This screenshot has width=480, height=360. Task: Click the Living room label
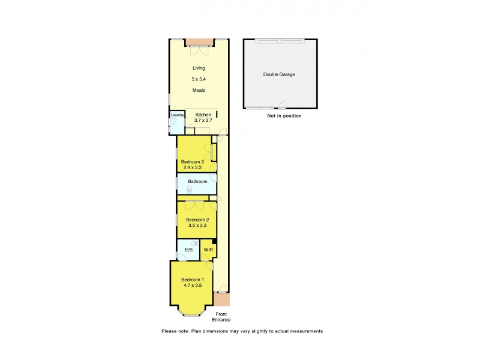pos(198,68)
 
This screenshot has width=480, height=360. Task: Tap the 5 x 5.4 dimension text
pos(199,79)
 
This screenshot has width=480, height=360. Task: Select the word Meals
pos(199,90)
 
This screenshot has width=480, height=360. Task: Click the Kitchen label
pos(204,114)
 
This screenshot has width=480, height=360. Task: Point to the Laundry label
pos(177,115)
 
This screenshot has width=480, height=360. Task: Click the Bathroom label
pos(197,181)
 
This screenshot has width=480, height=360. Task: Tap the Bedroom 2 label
pos(197,220)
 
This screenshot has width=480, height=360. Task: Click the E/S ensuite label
pos(188,250)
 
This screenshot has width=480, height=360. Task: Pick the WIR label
pos(208,250)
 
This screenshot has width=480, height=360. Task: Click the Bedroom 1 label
pos(193,280)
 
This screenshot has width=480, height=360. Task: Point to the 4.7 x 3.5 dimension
pos(193,287)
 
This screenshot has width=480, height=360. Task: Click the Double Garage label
pos(279,74)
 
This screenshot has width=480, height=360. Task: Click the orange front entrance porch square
pos(222,299)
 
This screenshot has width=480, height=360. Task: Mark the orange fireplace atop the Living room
pos(200,41)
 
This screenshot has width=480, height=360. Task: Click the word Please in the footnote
pos(169,331)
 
